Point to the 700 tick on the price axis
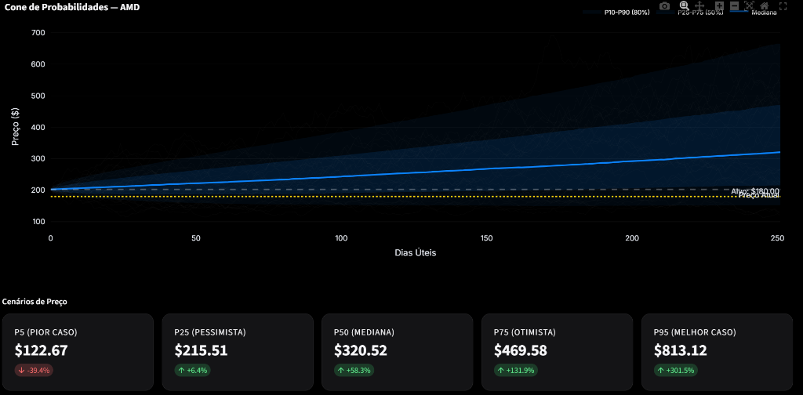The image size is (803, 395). point(38,33)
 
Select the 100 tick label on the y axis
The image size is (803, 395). point(38,221)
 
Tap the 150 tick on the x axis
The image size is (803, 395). point(487,238)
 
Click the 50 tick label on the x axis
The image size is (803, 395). point(196,238)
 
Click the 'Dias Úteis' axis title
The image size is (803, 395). point(415,253)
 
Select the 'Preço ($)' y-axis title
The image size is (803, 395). point(16,127)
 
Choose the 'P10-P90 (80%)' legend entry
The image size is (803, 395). point(627,13)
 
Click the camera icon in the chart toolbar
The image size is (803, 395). point(665,5)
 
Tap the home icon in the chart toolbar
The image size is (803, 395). point(765,5)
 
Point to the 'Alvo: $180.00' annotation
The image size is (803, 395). point(755,190)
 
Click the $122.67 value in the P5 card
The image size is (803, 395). point(42,350)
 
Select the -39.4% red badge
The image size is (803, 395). point(34,370)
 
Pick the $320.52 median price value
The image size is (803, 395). point(361,350)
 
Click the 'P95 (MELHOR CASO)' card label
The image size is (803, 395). point(695,332)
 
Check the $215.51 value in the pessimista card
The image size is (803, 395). point(201,350)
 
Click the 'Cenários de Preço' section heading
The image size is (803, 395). point(39,301)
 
